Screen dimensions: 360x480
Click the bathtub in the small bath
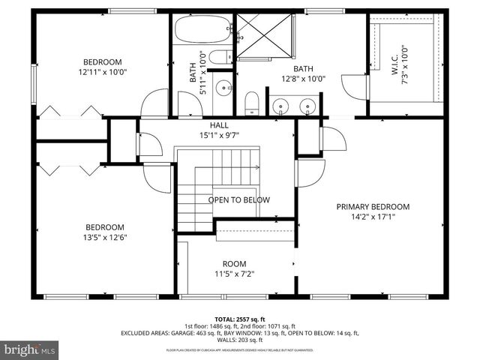(x=201, y=32)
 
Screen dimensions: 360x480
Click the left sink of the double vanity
(x=282, y=106)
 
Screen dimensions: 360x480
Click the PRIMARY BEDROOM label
(x=373, y=207)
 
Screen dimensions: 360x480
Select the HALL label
(x=219, y=125)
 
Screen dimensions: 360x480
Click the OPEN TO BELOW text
(x=238, y=200)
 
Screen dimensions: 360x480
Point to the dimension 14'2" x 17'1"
(x=373, y=218)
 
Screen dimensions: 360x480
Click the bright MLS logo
(x=30, y=349)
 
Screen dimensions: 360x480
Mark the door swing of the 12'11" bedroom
(x=155, y=103)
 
